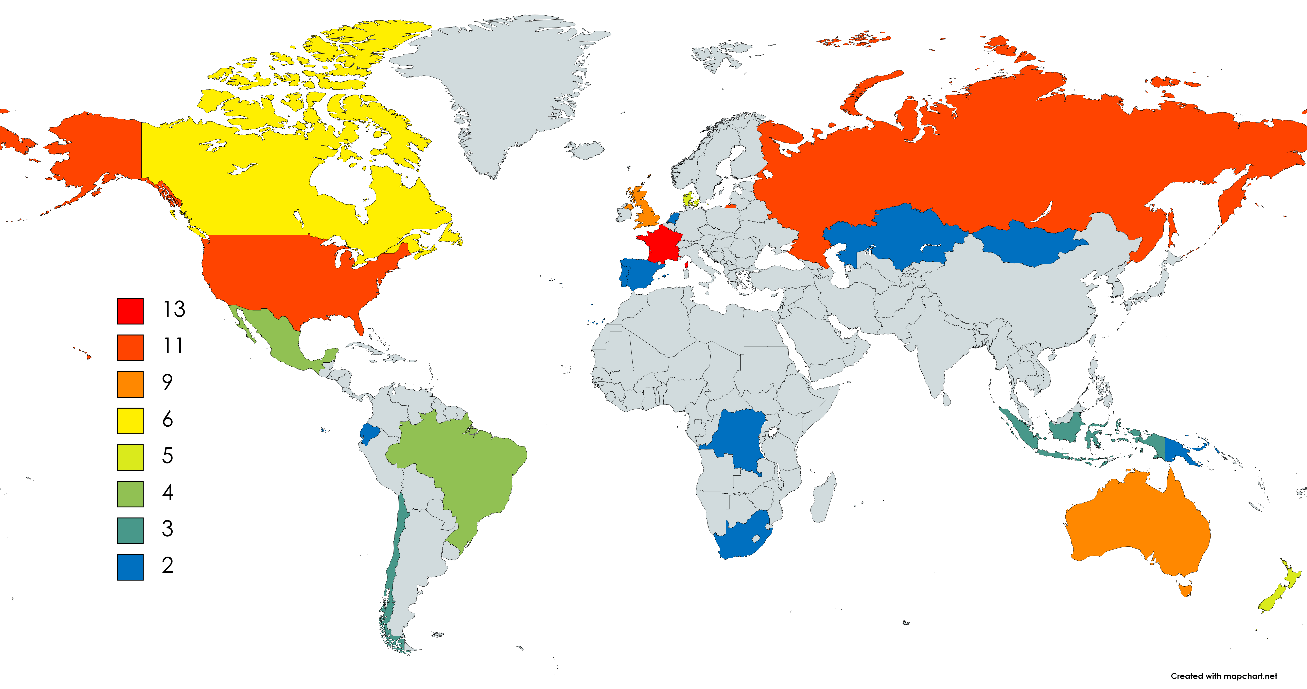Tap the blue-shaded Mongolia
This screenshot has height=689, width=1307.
[x=1030, y=244]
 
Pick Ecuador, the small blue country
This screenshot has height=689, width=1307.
[x=369, y=433]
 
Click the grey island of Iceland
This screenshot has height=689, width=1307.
[x=586, y=150]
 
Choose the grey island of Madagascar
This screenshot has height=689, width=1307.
[x=823, y=500]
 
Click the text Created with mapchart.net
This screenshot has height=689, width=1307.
[x=1224, y=676]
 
